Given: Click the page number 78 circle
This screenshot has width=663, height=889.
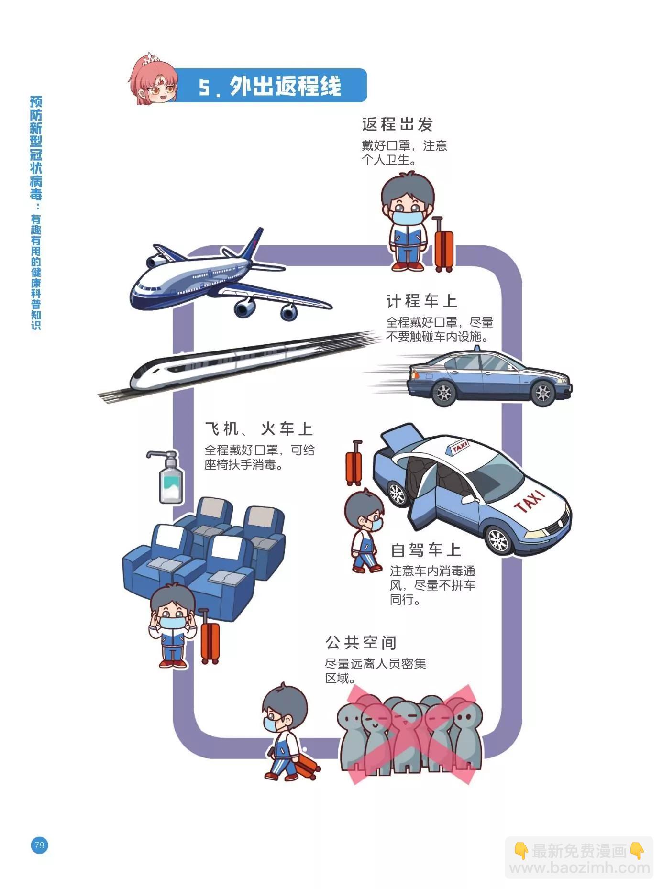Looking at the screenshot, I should click(39, 845).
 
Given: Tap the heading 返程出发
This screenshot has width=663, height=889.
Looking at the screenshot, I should click(397, 124).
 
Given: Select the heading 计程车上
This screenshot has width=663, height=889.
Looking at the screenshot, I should click(421, 301).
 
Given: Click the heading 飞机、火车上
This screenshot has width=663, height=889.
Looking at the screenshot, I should click(259, 429).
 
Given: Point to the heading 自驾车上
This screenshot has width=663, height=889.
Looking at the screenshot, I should click(426, 550).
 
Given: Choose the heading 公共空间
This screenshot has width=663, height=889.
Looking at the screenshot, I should click(361, 642).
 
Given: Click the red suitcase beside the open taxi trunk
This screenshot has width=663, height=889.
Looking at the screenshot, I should click(354, 464).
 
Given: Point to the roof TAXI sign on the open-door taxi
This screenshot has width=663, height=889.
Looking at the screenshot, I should click(458, 448).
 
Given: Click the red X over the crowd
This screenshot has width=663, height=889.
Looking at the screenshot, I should click(412, 734).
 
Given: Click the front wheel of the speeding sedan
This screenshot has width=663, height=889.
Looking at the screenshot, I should click(543, 393).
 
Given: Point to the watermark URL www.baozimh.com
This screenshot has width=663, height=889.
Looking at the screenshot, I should click(579, 867).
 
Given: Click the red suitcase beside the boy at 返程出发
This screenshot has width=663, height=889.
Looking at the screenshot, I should click(443, 245).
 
